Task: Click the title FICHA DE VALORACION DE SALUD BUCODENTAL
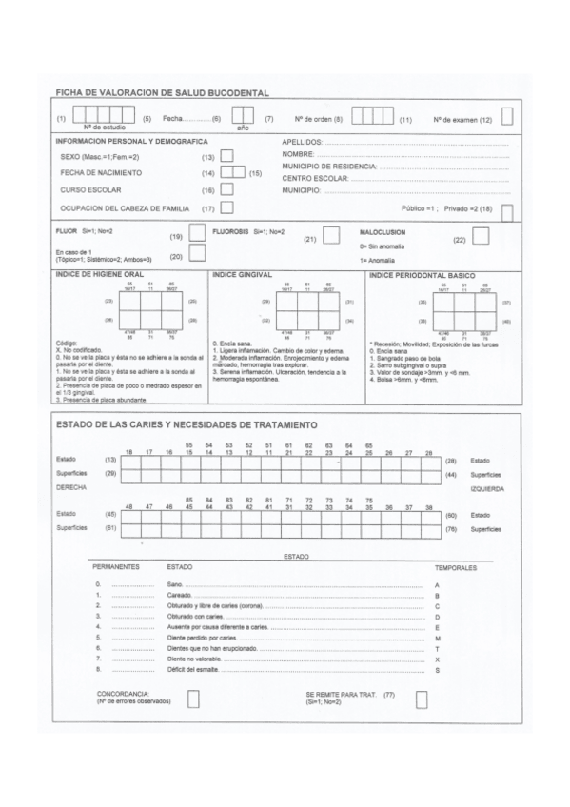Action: click(x=162, y=92)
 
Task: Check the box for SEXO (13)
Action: click(x=226, y=155)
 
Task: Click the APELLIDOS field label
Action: click(x=304, y=141)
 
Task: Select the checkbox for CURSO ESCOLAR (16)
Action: click(x=226, y=190)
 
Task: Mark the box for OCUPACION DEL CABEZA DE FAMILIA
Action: click(x=226, y=207)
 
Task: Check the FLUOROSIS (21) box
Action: click(x=331, y=234)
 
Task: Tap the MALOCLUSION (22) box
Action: click(x=481, y=235)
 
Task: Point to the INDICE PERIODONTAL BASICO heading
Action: click(x=422, y=274)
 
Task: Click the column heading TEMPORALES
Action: click(x=455, y=566)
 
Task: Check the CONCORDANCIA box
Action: click(x=193, y=699)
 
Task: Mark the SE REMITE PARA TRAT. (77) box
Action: click(x=422, y=699)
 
